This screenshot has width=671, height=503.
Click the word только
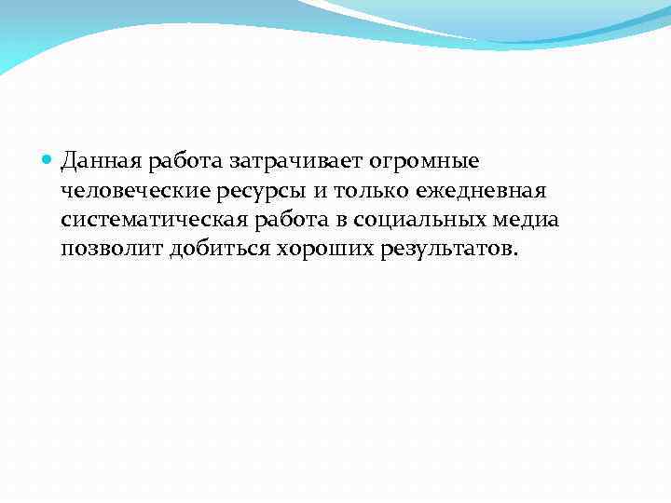click(x=354, y=191)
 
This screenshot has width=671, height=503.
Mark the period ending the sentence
click(x=511, y=253)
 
